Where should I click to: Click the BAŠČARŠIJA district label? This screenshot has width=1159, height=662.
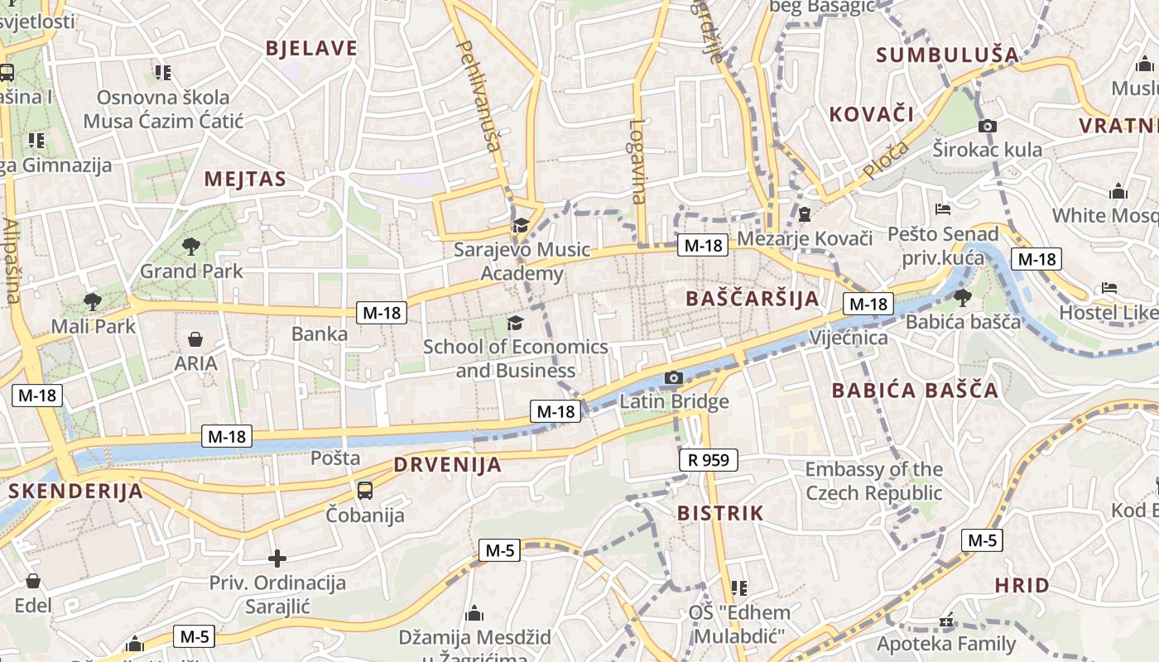pyautogui.click(x=753, y=299)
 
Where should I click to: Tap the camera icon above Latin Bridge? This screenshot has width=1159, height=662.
pyautogui.click(x=674, y=379)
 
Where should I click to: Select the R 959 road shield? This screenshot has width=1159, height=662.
pyautogui.click(x=709, y=460)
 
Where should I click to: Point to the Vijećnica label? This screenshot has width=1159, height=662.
pyautogui.click(x=849, y=338)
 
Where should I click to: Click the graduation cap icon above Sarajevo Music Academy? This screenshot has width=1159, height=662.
pyautogui.click(x=521, y=225)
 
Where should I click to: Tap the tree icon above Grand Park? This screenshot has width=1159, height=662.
pyautogui.click(x=191, y=246)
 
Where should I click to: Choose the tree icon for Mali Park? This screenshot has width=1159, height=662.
pyautogui.click(x=92, y=301)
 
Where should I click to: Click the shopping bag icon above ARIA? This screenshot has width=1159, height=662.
pyautogui.click(x=195, y=338)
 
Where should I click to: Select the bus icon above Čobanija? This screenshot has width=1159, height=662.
pyautogui.click(x=365, y=490)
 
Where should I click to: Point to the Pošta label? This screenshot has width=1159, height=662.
pyautogui.click(x=335, y=458)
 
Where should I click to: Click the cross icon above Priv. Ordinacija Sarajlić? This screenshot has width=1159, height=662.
pyautogui.click(x=277, y=559)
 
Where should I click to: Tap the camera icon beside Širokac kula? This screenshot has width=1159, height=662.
pyautogui.click(x=987, y=127)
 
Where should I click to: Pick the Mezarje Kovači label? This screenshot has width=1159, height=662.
pyautogui.click(x=805, y=239)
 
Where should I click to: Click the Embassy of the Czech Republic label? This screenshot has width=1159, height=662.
pyautogui.click(x=873, y=481)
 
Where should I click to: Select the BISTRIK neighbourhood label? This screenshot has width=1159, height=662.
pyautogui.click(x=720, y=513)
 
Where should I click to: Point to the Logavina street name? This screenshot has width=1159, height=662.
pyautogui.click(x=637, y=162)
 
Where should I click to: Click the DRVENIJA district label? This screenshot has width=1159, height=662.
pyautogui.click(x=448, y=465)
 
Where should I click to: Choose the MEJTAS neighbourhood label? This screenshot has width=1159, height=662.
pyautogui.click(x=245, y=180)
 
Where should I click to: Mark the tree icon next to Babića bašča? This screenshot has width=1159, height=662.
pyautogui.click(x=962, y=297)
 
